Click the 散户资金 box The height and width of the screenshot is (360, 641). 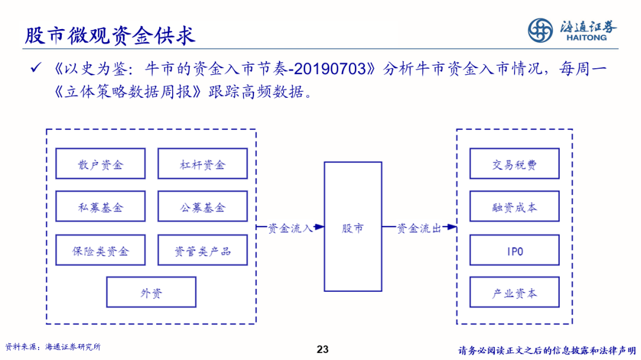tap(100, 164)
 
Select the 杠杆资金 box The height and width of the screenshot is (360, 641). tap(202, 164)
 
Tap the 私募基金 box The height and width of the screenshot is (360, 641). tap(100, 206)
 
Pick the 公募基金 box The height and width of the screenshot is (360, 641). tap(202, 206)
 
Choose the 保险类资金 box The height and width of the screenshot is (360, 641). tap(100, 250)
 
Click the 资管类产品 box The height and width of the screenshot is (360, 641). tap(202, 250)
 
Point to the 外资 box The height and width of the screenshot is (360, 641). tap(151, 292)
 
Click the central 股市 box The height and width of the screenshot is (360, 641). tap(353, 227)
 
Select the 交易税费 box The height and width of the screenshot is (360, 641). tap(514, 164)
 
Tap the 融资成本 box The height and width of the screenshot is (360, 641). tap(514, 206)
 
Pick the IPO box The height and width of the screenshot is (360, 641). tap(514, 250)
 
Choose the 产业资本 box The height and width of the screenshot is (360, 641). tap(514, 292)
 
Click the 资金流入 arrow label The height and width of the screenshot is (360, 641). tap(290, 227)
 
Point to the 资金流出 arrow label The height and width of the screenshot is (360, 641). tap(419, 227)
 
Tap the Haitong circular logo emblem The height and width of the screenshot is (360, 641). tap(541, 30)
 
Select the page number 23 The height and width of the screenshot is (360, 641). tap(323, 349)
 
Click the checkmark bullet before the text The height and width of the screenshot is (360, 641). tap(35, 69)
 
